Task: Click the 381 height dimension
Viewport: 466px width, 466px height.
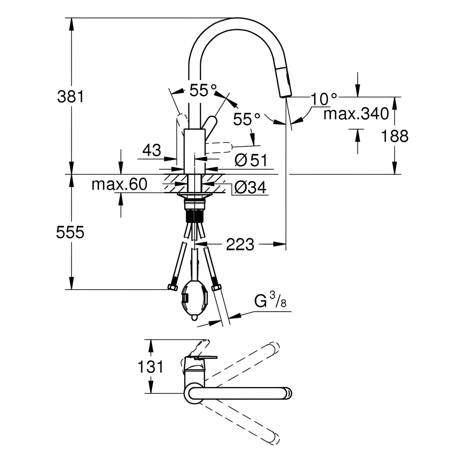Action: pos(71,97)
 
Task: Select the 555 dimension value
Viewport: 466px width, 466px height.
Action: pos(70,232)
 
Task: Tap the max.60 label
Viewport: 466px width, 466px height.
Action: pos(119,185)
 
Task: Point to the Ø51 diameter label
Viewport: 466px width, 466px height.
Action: pos(251,161)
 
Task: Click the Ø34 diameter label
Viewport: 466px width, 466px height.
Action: pos(250,187)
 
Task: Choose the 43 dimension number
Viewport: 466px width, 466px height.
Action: pos(152,151)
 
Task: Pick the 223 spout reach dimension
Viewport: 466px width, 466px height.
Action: pos(240,244)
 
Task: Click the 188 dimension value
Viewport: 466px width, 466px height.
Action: pos(395,136)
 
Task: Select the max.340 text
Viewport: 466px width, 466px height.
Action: pos(356,114)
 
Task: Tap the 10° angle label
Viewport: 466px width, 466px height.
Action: pos(323,99)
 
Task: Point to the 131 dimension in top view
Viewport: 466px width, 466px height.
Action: pos(151,367)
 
